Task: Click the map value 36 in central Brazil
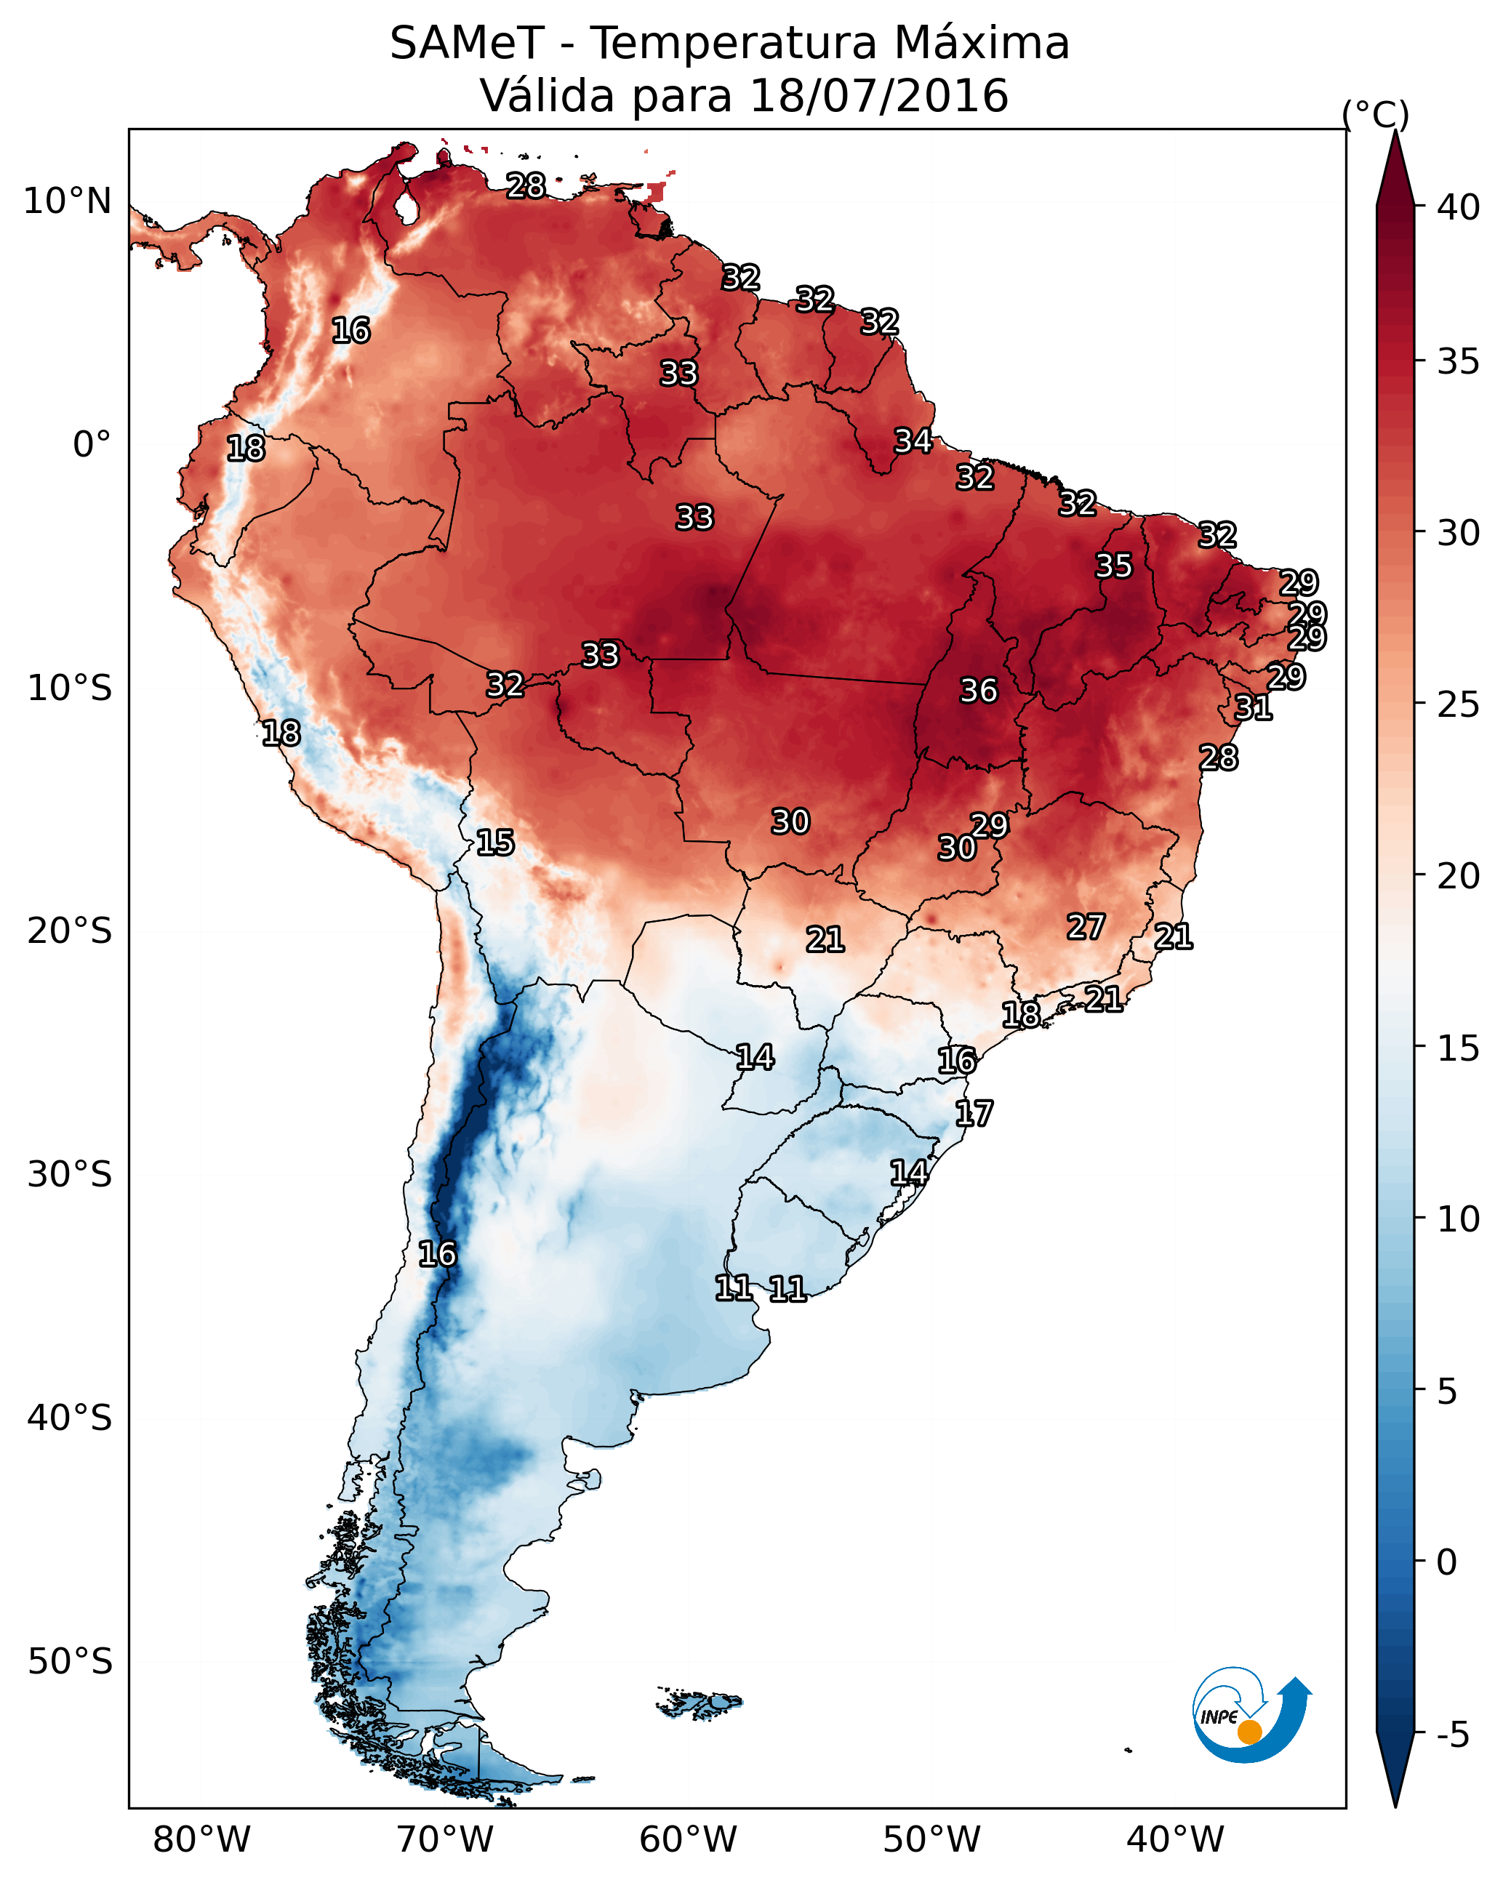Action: (x=978, y=691)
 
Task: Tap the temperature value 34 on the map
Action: (x=913, y=441)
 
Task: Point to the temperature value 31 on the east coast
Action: (x=1253, y=707)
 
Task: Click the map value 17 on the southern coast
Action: (x=974, y=1114)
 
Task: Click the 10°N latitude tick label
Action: (x=67, y=201)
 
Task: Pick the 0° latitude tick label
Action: (x=92, y=445)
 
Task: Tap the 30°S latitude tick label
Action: (x=70, y=1175)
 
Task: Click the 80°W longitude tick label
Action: (x=201, y=1840)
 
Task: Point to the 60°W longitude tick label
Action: (x=689, y=1840)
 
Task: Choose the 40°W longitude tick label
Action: (x=1175, y=1840)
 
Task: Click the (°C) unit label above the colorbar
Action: (x=1376, y=114)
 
